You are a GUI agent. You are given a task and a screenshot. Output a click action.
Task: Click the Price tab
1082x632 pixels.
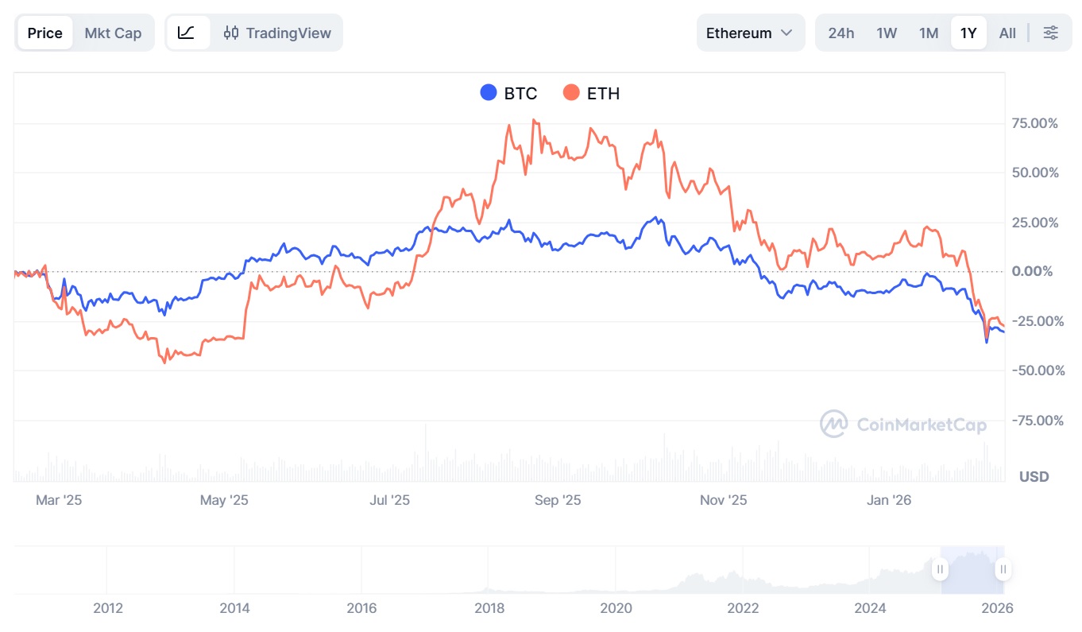(x=44, y=33)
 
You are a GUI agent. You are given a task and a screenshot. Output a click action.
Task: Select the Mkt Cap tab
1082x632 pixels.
(x=113, y=33)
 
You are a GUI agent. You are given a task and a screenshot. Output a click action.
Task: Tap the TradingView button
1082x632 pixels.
(x=277, y=33)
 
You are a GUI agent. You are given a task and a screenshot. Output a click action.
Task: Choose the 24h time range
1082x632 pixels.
(x=840, y=33)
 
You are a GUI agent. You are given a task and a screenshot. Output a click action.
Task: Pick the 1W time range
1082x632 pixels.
(x=887, y=33)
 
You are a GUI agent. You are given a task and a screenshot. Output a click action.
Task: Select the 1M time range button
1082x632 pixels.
(x=929, y=33)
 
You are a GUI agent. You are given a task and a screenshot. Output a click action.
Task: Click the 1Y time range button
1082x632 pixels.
(x=968, y=33)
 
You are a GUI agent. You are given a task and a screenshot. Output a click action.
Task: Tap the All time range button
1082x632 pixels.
(x=1007, y=33)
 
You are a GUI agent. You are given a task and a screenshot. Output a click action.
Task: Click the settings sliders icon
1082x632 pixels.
(x=1050, y=33)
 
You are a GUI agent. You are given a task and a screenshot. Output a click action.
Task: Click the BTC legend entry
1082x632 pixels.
(x=509, y=93)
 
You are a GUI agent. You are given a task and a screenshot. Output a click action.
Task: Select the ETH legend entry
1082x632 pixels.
(x=592, y=93)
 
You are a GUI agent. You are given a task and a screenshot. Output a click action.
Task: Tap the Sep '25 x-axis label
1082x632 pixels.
(x=558, y=500)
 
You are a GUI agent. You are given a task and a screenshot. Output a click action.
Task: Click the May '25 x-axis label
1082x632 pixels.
(x=224, y=500)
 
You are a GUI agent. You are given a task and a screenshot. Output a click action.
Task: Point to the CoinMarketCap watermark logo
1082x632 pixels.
(x=903, y=424)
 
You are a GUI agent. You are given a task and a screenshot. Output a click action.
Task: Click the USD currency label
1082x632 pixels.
(x=1034, y=476)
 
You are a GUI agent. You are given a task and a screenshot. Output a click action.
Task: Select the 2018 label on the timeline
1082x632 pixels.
(x=489, y=608)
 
